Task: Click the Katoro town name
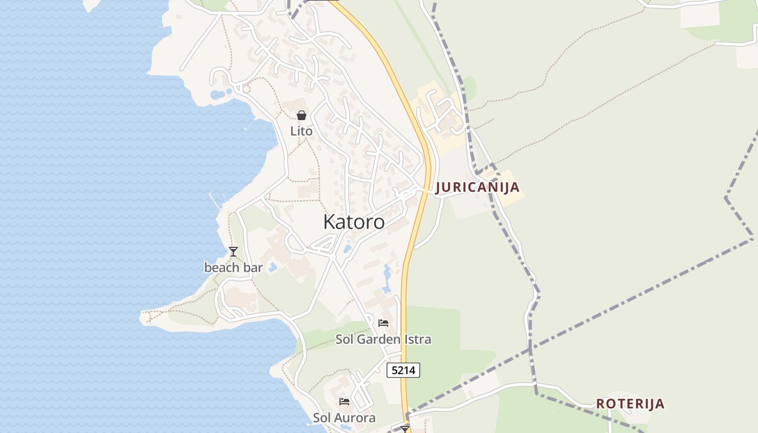coord(354,222)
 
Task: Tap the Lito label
coord(301,131)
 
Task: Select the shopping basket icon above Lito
coord(302,115)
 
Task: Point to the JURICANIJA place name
coord(477,187)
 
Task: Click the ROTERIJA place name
coord(630,404)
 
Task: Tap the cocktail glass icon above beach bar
coord(233,252)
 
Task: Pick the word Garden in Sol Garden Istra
coord(383,340)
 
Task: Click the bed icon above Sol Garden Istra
coord(383,323)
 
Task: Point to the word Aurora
coord(355,418)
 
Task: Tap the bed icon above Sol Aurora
coord(344,402)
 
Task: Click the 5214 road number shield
coord(403,370)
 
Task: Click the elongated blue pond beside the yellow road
coord(387,279)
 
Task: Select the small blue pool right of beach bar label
coord(273,267)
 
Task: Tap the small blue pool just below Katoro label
coord(347,248)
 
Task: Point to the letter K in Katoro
coord(329,222)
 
